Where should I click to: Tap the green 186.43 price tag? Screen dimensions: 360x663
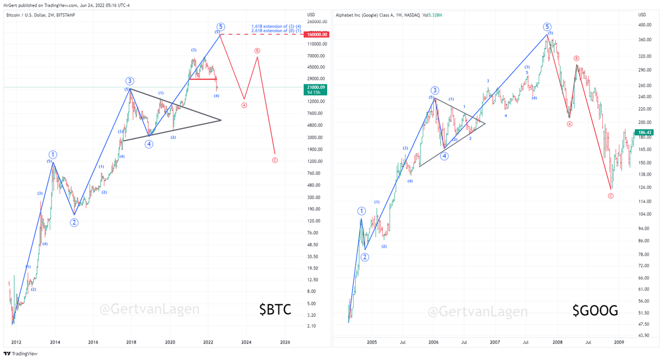644,133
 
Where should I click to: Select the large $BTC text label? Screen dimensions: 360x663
275,310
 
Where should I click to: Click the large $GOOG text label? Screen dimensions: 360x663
595,311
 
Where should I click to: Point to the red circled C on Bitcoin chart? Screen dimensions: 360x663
275,161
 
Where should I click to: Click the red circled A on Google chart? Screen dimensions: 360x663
570,124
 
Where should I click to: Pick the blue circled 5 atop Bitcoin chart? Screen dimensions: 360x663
220,26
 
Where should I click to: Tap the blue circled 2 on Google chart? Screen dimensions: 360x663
365,257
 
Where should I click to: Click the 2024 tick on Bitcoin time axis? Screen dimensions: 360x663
246,342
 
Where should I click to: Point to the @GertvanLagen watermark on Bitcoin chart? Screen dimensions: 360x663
149,309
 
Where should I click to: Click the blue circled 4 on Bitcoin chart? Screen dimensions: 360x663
149,144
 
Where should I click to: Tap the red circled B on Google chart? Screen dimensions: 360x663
576,58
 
